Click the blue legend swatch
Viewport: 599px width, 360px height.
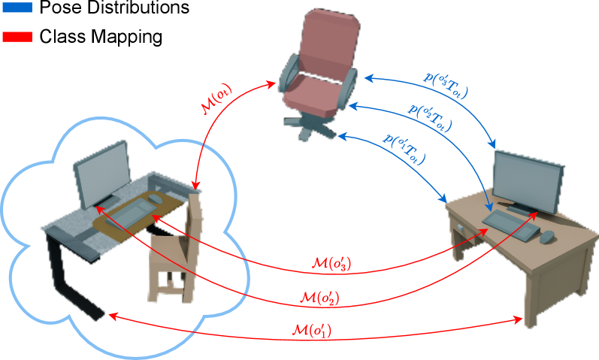(17, 8)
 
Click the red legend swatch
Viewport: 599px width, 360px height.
(17, 36)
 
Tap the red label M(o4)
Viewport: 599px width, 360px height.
(217, 100)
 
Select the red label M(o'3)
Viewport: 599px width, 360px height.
(331, 264)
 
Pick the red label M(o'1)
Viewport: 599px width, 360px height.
(310, 329)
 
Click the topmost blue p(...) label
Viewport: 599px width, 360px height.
(448, 86)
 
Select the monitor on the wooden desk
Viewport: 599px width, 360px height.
(528, 179)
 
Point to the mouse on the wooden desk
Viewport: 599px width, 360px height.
(548, 237)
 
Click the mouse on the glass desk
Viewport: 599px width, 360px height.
(155, 198)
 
